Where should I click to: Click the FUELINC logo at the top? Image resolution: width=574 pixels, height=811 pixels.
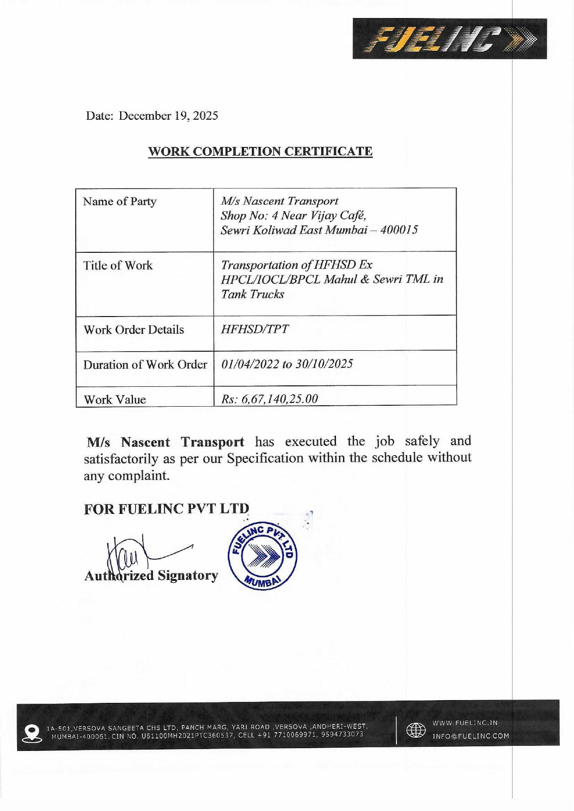[x=449, y=39]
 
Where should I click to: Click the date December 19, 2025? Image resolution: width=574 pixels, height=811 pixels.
[x=168, y=116]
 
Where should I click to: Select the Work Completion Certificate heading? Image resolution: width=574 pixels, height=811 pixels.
[x=260, y=152]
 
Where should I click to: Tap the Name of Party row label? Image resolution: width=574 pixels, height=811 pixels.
[x=120, y=201]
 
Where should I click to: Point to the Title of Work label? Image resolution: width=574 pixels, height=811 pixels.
[x=118, y=265]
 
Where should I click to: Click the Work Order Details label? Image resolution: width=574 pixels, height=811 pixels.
[x=134, y=329]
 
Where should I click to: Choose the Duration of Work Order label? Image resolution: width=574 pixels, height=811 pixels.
[x=145, y=365]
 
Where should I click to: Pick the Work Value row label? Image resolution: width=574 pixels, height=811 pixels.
[x=115, y=399]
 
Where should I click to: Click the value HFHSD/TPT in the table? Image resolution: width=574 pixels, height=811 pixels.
[x=255, y=329]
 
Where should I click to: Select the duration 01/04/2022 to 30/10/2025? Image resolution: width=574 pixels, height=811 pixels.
[x=287, y=364]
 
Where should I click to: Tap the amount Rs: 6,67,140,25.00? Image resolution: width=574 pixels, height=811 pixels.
[x=269, y=399]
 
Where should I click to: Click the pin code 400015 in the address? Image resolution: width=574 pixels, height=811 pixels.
[x=399, y=230]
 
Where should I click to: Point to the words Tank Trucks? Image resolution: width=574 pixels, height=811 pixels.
[x=252, y=294]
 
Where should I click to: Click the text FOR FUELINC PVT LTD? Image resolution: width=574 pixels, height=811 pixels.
[x=166, y=509]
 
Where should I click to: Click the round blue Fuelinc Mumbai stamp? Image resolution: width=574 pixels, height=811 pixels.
[x=263, y=556]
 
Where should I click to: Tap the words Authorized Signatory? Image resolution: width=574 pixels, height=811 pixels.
[x=151, y=576]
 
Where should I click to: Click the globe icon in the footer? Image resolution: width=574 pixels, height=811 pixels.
[x=415, y=730]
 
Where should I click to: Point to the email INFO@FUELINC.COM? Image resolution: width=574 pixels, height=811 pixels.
[x=470, y=736]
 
